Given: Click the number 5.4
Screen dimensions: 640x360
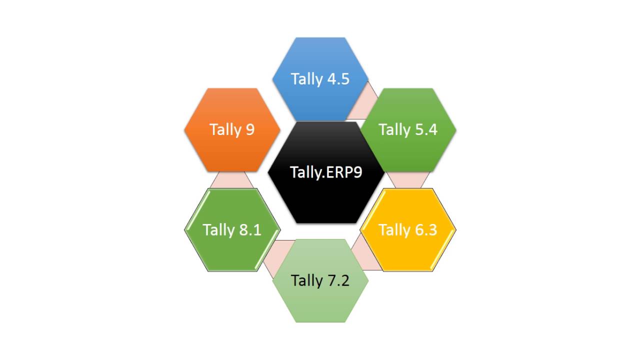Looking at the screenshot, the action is (x=425, y=129).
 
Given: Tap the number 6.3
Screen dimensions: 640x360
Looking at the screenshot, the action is (x=425, y=230).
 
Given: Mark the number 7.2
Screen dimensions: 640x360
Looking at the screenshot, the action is (x=337, y=280).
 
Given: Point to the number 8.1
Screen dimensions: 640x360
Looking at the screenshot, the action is (x=249, y=230).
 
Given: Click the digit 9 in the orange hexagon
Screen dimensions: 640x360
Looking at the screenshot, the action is (x=249, y=129).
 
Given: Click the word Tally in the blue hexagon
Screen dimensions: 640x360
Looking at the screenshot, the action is (x=306, y=79).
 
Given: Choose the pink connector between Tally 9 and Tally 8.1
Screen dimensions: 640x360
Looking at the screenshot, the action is (x=231, y=179).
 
